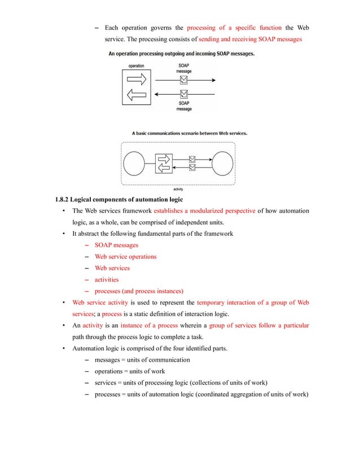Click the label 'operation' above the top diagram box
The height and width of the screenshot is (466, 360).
(137, 66)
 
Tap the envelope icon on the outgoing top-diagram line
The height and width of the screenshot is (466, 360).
(183, 80)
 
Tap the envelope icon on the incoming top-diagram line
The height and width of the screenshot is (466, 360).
(183, 93)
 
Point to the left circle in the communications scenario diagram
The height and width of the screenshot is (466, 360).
(135, 164)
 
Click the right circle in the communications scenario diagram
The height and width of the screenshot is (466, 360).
(221, 164)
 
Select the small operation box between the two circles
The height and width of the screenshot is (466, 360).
(163, 164)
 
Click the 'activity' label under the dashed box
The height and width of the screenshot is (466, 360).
(178, 188)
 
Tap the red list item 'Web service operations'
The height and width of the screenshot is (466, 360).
(126, 257)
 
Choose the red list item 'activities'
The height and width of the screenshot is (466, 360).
(107, 279)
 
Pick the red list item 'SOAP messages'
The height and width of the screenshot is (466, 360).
(116, 245)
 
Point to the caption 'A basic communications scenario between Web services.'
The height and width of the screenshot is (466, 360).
(190, 133)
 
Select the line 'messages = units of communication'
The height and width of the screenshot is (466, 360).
(142, 359)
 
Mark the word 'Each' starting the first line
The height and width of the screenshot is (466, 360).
(112, 28)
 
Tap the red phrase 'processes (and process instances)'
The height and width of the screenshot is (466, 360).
(139, 291)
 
